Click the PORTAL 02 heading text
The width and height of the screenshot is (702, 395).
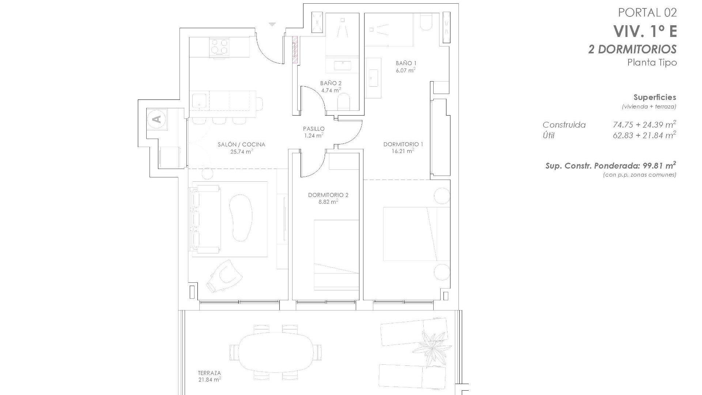coord(647,13)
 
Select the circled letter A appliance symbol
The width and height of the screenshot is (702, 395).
coord(157,119)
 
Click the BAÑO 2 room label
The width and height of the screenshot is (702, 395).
coord(331,83)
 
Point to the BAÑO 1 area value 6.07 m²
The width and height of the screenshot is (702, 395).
coord(405,70)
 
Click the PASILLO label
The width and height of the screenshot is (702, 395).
coord(314,129)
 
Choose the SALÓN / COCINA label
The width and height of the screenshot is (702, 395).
coord(241,144)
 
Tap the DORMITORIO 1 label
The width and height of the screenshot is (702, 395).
coord(403,144)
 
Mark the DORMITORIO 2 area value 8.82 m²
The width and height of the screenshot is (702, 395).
coord(328,202)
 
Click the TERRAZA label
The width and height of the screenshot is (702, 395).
coord(209,373)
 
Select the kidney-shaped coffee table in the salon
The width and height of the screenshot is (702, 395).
coord(240,216)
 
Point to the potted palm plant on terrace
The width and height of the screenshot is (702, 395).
coord(434,346)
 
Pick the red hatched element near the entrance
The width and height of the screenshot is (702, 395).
coord(295,49)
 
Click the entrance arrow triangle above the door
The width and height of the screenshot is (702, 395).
coord(272,25)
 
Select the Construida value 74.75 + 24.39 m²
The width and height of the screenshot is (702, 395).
coord(644,125)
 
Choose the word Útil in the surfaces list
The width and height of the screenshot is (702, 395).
coord(548,136)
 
